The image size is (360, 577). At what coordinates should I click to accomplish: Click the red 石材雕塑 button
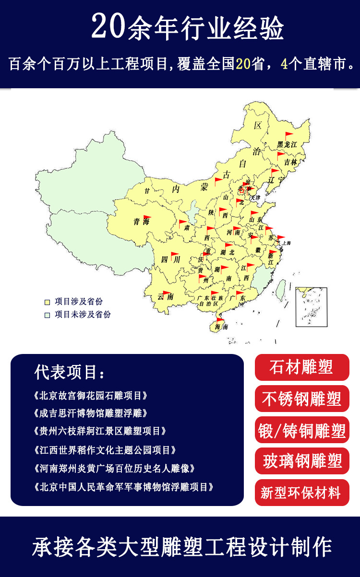tap(302, 367)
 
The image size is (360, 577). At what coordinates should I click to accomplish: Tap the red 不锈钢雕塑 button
tap(302, 399)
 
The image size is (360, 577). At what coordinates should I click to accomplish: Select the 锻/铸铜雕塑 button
tap(302, 430)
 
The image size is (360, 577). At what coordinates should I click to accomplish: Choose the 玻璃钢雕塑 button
tap(302, 461)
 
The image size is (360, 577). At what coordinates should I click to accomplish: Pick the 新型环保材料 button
tap(302, 492)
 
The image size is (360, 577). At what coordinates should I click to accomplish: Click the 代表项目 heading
tap(70, 372)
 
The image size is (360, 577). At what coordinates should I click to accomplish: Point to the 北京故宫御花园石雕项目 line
tap(91, 396)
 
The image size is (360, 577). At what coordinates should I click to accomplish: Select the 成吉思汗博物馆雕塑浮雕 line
tap(91, 413)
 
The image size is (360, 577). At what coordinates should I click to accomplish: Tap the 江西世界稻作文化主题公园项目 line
tap(105, 450)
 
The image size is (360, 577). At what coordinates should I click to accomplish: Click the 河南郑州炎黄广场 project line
tap(115, 468)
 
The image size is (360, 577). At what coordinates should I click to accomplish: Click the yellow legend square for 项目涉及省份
tap(47, 302)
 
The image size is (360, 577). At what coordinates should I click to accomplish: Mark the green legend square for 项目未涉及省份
tap(47, 315)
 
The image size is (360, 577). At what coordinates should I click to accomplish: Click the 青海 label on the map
tap(142, 222)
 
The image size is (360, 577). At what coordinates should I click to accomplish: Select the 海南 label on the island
tap(221, 327)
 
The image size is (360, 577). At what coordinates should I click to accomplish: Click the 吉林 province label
tap(291, 162)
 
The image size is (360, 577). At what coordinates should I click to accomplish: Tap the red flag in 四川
tap(174, 255)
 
